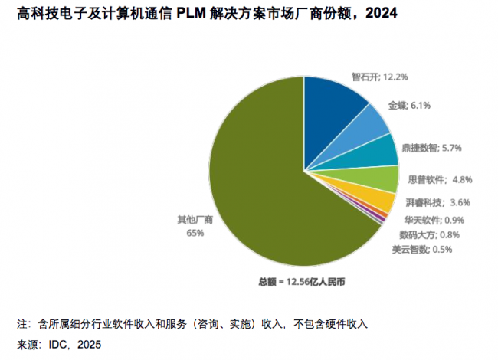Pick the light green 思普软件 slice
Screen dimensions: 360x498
pyautogui.click(x=378, y=178)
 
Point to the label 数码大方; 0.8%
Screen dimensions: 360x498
pyautogui.click(x=429, y=234)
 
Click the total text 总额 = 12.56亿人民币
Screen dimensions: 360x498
pyautogui.click(x=302, y=282)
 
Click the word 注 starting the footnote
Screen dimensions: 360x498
pyautogui.click(x=21, y=323)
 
